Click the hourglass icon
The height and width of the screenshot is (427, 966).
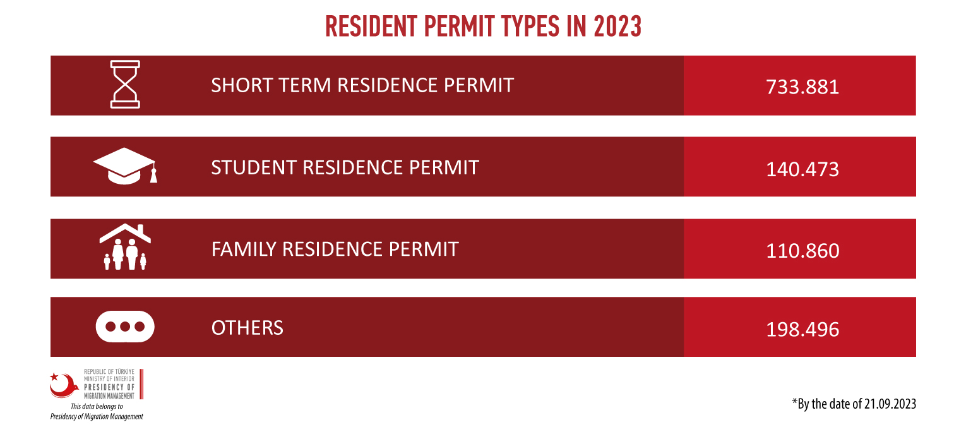[x=125, y=85]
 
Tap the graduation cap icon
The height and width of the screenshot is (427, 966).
[x=125, y=166]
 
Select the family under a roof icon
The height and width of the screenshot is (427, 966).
[x=125, y=247]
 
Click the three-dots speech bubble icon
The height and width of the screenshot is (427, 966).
[x=125, y=327]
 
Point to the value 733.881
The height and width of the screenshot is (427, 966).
[x=802, y=87]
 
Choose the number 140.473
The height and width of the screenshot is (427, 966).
[x=802, y=169]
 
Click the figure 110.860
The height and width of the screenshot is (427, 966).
[x=802, y=251]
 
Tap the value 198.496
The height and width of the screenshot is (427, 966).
[x=802, y=330]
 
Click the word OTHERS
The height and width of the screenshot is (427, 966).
[x=247, y=328]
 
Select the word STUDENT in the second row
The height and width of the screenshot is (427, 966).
[x=254, y=167]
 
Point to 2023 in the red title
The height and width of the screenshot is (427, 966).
[x=617, y=27]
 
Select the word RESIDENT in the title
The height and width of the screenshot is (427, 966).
[x=371, y=27]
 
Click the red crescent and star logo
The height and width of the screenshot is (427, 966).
[x=64, y=385]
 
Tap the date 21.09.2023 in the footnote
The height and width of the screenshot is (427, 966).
[x=890, y=404]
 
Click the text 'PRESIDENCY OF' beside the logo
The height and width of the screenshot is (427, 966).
[x=109, y=387]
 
